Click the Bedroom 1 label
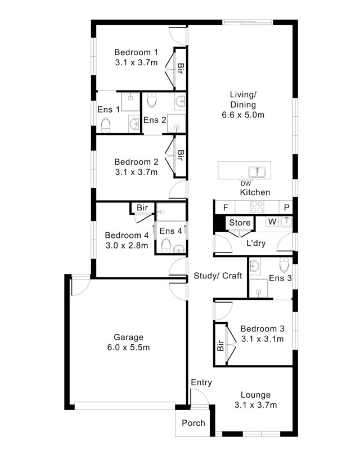click(136, 52)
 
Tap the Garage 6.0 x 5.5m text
click(128, 342)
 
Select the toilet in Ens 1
click(106, 125)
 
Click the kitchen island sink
click(256, 172)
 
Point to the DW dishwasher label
click(246, 184)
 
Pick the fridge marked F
click(226, 208)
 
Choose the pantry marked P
click(286, 208)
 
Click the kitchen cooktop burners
click(257, 207)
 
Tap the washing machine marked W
click(272, 222)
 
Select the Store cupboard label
click(240, 223)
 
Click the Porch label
click(193, 423)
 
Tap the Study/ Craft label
click(218, 276)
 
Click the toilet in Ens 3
click(284, 264)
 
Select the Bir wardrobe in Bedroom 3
click(220, 344)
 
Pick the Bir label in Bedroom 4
click(142, 208)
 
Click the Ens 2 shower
click(176, 124)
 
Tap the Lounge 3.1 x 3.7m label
click(256, 399)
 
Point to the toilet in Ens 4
click(166, 245)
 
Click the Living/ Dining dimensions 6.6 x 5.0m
click(243, 115)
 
